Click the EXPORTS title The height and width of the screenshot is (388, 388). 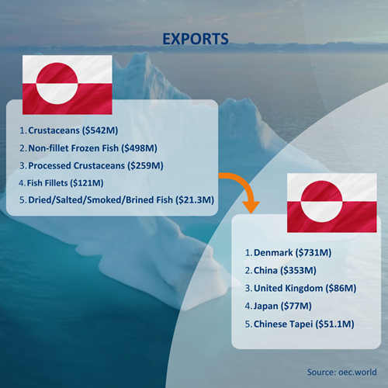(x=196, y=39)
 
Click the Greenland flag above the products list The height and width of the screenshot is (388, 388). (x=68, y=85)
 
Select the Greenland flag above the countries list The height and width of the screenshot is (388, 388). (x=332, y=203)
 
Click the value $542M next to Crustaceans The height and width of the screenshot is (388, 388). (x=100, y=130)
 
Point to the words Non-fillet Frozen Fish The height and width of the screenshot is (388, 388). (x=73, y=148)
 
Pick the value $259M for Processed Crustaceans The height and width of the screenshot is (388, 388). (x=145, y=165)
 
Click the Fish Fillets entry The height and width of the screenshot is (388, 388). (x=47, y=183)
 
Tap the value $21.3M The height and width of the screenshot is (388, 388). (x=195, y=200)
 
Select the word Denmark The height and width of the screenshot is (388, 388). (x=273, y=253)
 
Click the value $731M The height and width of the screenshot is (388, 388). (x=314, y=253)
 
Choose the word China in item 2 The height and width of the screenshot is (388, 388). (x=265, y=271)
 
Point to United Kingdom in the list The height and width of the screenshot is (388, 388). (x=289, y=289)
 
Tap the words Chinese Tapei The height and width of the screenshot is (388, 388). (x=283, y=324)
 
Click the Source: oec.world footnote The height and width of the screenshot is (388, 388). (x=341, y=372)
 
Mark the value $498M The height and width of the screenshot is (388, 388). (x=139, y=148)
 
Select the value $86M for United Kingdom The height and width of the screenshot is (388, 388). (x=341, y=289)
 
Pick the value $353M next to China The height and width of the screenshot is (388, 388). (x=298, y=271)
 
